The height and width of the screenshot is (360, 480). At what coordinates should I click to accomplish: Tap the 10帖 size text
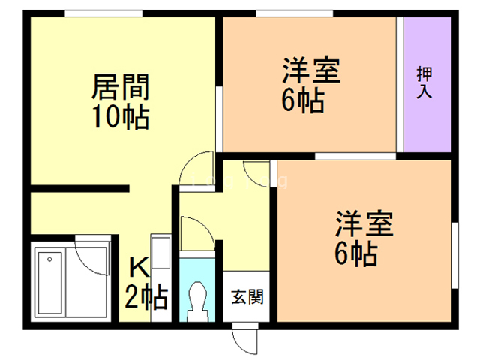[120, 118]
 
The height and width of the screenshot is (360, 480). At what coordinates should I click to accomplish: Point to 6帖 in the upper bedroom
[304, 100]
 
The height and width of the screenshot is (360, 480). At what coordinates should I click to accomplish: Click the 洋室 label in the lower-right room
[364, 224]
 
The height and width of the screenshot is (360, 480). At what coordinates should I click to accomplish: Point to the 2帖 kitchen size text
[145, 298]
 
